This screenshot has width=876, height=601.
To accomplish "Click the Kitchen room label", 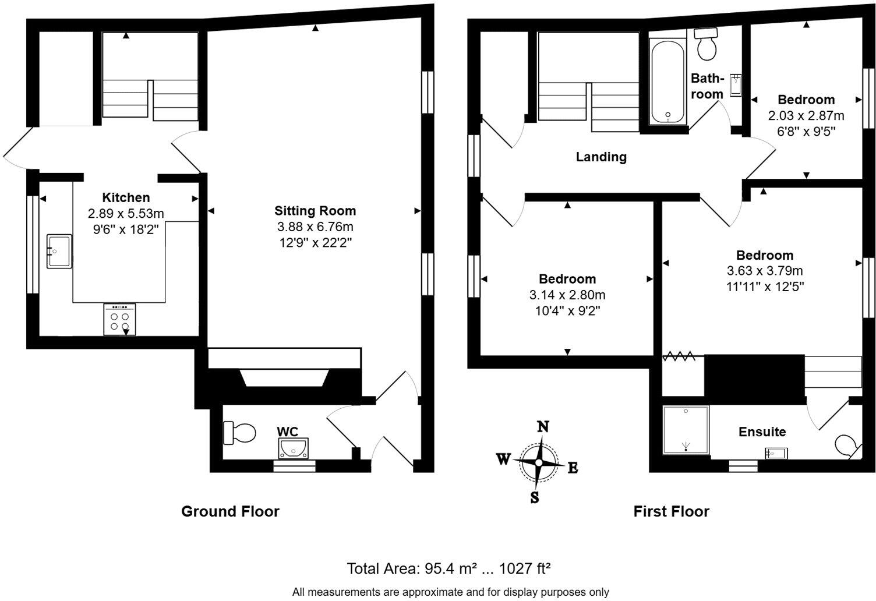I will (x=126, y=197).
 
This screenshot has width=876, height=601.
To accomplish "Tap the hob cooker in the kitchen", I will (x=119, y=319).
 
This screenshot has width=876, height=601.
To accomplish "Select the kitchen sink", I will (x=59, y=251).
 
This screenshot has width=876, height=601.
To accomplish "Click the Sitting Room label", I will (x=315, y=211).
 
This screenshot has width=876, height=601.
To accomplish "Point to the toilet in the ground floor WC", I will (x=239, y=433).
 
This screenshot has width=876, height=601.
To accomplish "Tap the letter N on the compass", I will (x=543, y=426).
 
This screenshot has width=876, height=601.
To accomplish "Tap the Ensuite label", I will (x=762, y=432).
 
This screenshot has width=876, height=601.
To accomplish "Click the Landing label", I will (x=601, y=157).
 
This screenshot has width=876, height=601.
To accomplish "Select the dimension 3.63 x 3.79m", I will (x=764, y=271).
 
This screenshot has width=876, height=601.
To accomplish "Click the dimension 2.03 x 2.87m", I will (x=806, y=115).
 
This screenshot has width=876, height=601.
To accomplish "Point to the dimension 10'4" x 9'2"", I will (x=567, y=311).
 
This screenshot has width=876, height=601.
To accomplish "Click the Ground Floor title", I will (x=230, y=511).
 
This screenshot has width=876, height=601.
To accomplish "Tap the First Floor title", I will (x=671, y=511).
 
